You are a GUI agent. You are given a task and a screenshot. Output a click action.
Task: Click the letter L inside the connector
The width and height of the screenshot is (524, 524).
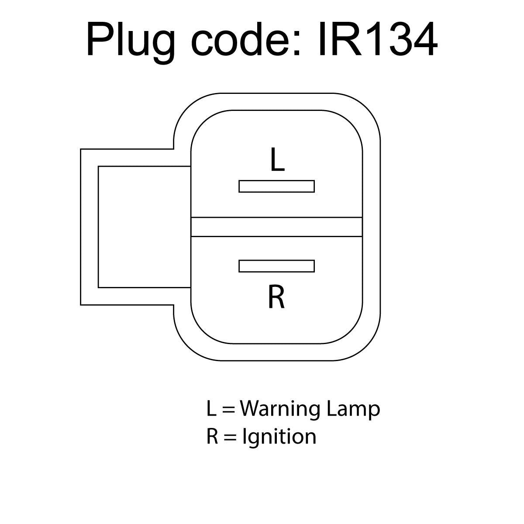tap(277, 159)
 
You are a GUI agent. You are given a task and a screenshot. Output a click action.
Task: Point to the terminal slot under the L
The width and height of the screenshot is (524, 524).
tap(276, 186)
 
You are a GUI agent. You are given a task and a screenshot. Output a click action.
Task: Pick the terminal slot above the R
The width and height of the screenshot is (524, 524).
tap(276, 266)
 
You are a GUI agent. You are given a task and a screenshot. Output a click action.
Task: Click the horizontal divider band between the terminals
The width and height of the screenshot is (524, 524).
tap(276, 227)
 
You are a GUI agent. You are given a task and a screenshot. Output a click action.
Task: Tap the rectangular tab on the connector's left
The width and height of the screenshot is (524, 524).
tap(135, 227)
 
